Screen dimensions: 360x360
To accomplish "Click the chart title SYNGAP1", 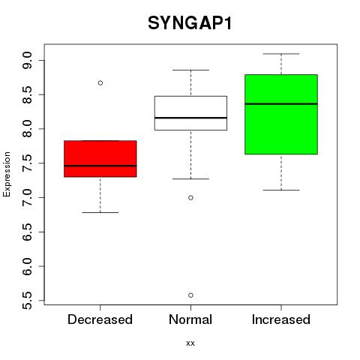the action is coord(190,23).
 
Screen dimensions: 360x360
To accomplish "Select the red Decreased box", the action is coord(100,159).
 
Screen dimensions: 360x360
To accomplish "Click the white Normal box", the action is coord(190,113).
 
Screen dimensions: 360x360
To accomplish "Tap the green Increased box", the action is coord(281,114).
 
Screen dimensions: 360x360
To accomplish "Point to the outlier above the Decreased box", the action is coord(100,82).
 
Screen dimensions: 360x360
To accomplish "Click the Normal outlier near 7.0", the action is coord(190,198).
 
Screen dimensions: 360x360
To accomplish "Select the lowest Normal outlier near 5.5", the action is coord(190,295).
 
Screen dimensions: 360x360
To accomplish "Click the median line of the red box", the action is coord(100,166).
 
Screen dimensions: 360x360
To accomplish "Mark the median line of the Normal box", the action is coord(190,118).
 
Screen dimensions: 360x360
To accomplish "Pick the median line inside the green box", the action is coord(281,103).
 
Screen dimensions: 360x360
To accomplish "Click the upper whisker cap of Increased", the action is coord(281,54).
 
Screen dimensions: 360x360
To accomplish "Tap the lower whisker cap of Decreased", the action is coord(100,212).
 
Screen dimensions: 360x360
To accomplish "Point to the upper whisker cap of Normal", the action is coord(190,70).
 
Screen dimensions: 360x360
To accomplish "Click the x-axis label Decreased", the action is coord(100,319).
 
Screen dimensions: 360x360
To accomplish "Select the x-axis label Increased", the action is coord(281,319).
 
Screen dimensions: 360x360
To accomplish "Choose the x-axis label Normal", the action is coord(190,319).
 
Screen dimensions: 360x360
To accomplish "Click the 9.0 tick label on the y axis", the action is coord(27,60).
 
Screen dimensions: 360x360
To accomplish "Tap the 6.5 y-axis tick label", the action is coord(27,232).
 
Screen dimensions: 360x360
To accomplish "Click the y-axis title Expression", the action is coord(7,174).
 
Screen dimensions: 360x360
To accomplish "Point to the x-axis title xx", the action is coord(190,343).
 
